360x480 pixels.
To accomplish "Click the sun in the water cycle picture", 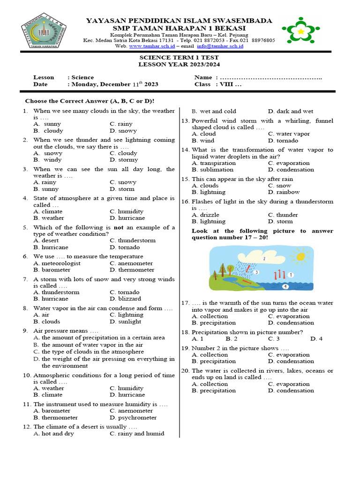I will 299,256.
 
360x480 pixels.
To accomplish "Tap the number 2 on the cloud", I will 264,258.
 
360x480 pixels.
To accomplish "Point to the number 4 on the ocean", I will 285,285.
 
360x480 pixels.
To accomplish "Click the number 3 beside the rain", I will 257,272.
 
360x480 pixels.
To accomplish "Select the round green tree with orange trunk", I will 231,269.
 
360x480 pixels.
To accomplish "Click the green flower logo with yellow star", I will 301,32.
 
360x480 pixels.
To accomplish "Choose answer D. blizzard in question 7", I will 125,299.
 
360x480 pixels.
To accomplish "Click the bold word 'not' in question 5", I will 120,227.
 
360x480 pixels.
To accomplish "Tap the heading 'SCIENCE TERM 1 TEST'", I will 179,57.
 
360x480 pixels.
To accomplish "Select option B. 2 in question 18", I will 232,339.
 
